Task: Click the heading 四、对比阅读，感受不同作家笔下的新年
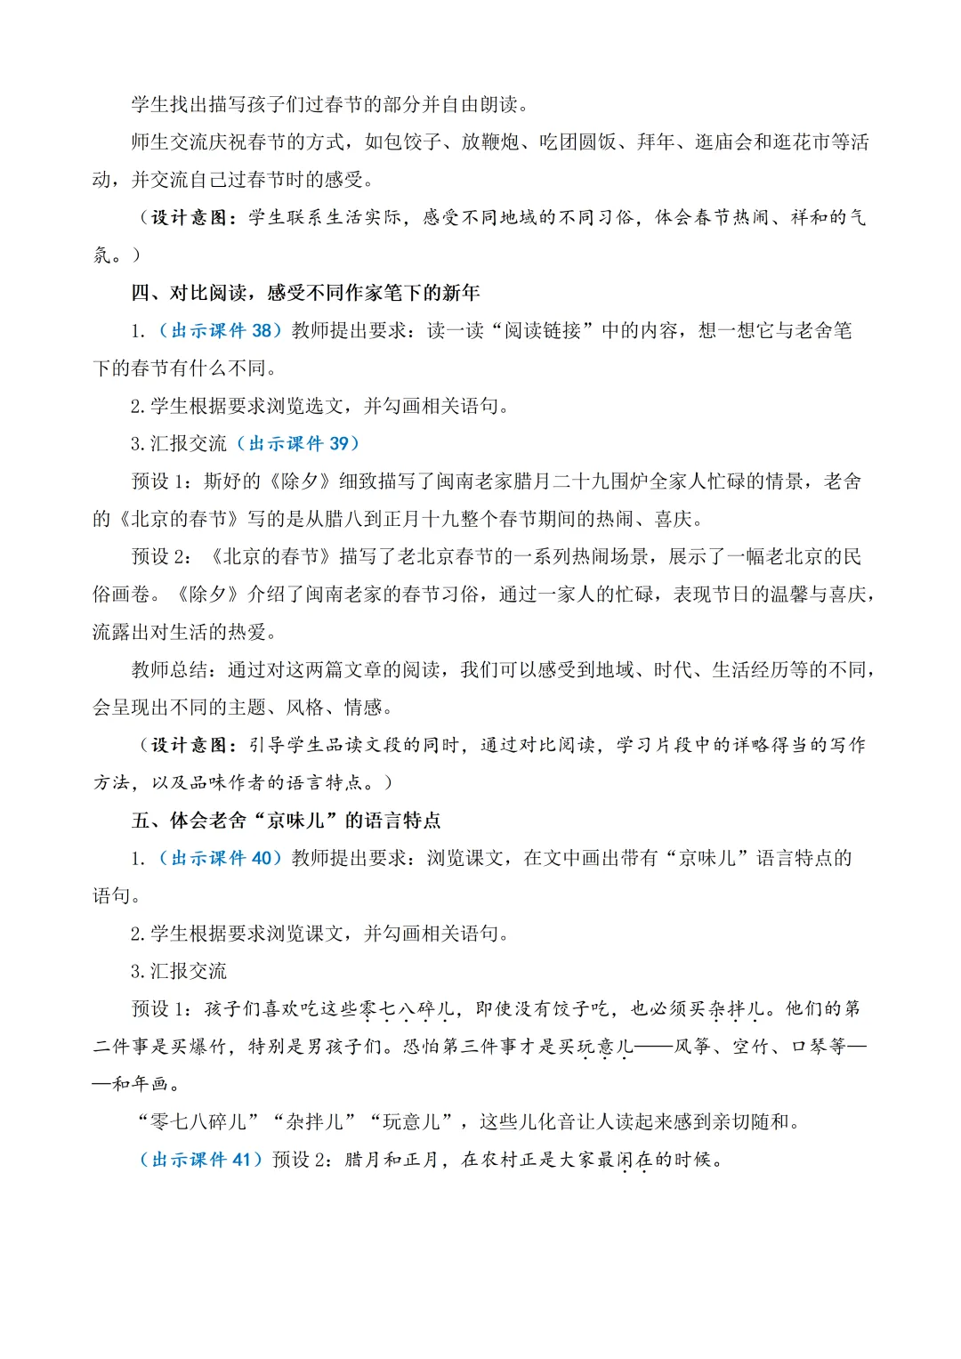click(305, 293)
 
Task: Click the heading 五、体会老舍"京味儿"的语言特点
click(286, 821)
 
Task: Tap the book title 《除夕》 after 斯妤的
click(300, 481)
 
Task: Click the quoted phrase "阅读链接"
click(543, 331)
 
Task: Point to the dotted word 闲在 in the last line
click(634, 1160)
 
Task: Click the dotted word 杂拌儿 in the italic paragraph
click(736, 1008)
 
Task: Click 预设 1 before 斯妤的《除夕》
click(161, 481)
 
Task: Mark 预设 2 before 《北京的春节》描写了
click(161, 557)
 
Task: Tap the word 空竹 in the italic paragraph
click(751, 1047)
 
